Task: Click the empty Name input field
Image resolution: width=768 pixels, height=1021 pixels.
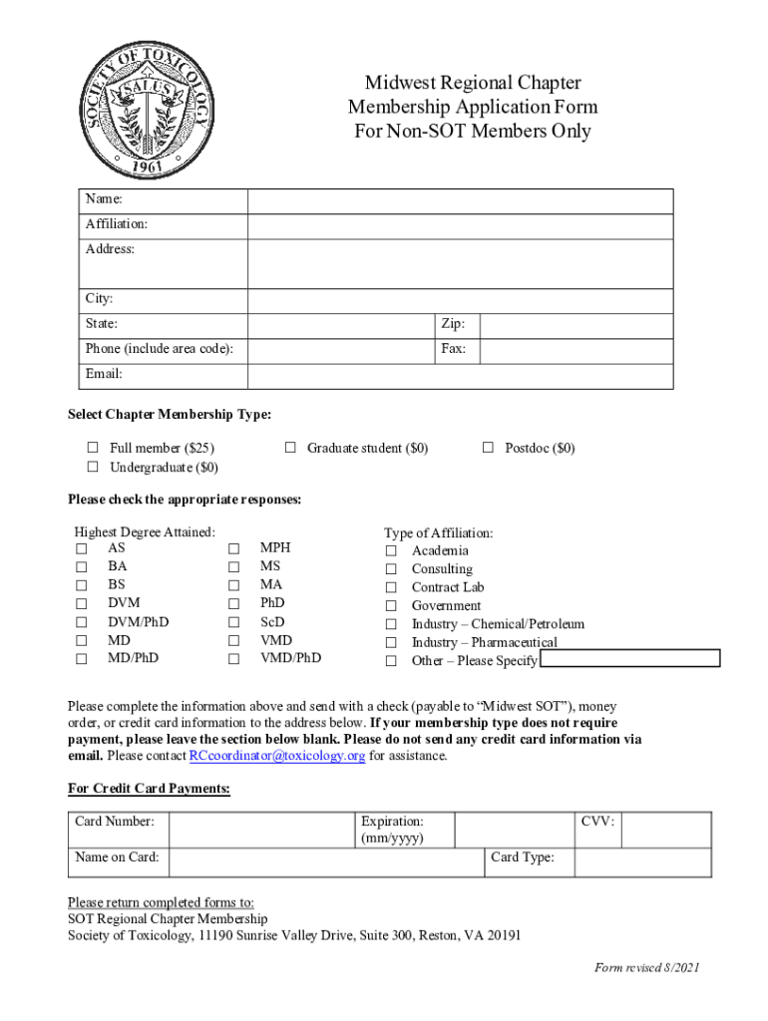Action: point(460,201)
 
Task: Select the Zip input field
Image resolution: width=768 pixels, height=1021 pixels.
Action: point(576,325)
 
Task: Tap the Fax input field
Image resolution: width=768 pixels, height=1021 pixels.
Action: point(576,350)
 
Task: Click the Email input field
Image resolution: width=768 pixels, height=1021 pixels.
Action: point(460,376)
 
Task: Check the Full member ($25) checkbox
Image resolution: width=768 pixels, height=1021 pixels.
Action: point(93,449)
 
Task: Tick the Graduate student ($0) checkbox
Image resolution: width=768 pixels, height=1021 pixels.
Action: point(290,449)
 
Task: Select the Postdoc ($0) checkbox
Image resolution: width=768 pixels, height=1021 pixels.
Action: point(488,449)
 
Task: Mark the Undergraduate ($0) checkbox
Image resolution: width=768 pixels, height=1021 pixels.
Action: point(93,468)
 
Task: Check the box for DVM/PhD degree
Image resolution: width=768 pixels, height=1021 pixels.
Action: point(81,623)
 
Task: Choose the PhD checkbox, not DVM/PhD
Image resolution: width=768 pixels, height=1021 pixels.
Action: point(234,604)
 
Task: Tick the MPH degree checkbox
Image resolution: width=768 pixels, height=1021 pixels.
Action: point(234,549)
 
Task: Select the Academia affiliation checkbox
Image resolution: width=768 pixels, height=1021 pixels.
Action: point(392,551)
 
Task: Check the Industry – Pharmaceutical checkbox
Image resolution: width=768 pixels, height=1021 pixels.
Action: point(392,643)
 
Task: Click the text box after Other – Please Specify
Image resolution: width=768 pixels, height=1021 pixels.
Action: point(630,659)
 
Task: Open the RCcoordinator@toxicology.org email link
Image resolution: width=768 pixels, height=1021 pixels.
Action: point(277,757)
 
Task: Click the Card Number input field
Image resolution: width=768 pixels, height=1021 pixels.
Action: point(261,829)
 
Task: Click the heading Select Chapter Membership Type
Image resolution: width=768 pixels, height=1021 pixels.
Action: point(169,414)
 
